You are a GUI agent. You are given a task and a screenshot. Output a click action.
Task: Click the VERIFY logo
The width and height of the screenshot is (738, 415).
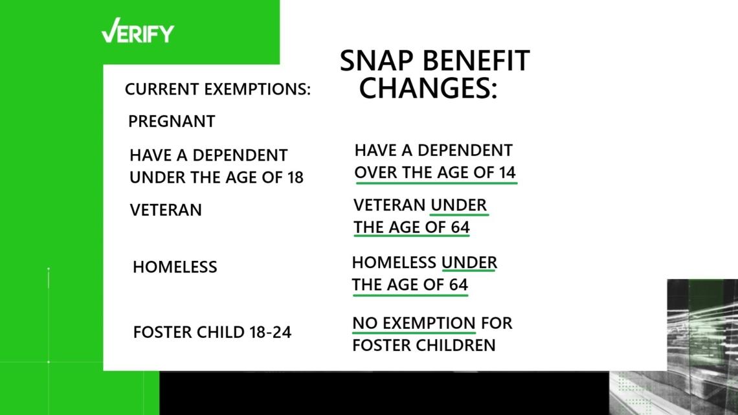[x=137, y=31]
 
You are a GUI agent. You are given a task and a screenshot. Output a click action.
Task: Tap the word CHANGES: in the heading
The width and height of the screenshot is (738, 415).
[x=428, y=88]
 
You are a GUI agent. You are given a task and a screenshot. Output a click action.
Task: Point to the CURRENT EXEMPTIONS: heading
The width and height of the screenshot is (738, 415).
[x=218, y=89]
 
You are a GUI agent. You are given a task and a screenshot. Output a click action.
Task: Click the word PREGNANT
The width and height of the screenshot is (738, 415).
[x=172, y=122]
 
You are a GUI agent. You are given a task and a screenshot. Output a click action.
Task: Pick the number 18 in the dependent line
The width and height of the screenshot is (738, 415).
[x=295, y=177]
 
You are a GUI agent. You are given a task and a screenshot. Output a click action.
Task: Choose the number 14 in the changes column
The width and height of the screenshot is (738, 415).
[x=507, y=172]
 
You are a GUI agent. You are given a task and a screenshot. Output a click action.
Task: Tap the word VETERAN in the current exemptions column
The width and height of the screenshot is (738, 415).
[x=166, y=210]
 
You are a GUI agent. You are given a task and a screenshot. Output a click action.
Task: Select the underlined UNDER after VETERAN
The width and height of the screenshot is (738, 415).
[x=459, y=205]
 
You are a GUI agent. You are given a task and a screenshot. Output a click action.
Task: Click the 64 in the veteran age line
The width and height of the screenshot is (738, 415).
[x=460, y=227]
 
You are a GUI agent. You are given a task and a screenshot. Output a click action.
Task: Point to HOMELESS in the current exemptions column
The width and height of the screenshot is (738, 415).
[x=175, y=267]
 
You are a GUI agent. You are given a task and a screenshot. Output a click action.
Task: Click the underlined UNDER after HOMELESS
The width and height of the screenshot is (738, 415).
[x=469, y=263]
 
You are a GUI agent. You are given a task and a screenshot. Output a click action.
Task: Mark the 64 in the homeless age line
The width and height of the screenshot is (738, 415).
[x=458, y=285]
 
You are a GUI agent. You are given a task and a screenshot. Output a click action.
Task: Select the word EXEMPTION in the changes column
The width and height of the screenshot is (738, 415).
[x=429, y=323]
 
